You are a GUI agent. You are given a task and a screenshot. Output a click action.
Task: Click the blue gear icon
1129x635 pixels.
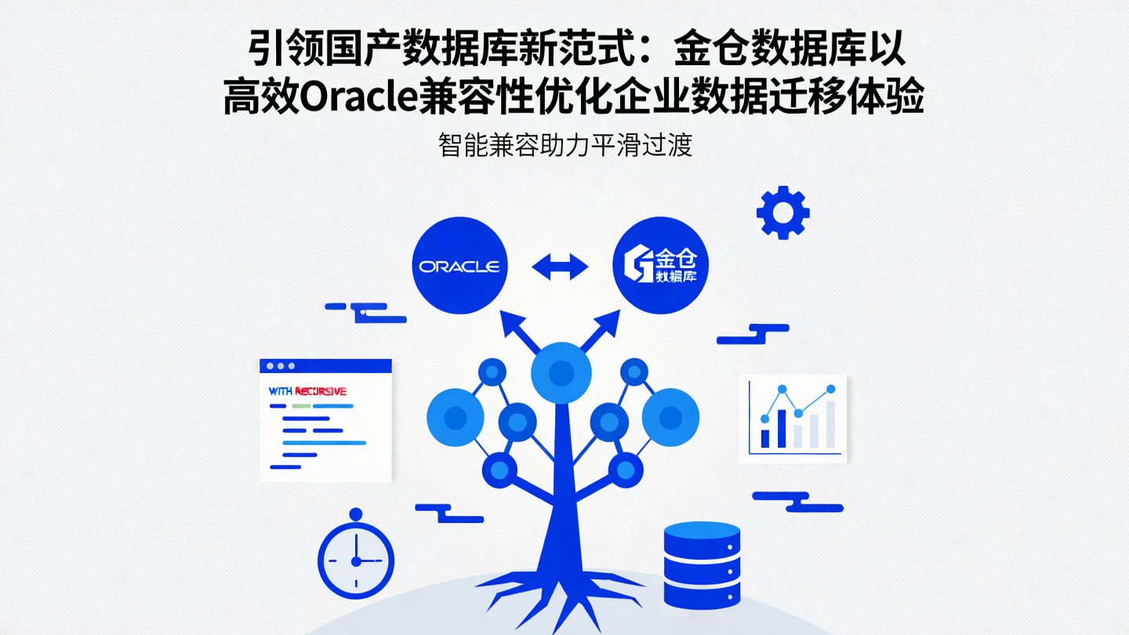(782, 212)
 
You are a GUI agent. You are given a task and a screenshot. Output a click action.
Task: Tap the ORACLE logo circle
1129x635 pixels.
(459, 266)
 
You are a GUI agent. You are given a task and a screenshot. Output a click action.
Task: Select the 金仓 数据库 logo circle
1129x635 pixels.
(659, 266)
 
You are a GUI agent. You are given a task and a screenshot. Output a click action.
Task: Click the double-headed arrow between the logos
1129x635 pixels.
(560, 267)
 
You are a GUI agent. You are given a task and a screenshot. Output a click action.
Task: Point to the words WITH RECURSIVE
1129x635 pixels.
(307, 390)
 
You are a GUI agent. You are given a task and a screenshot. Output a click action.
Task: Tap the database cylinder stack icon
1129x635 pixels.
(702, 564)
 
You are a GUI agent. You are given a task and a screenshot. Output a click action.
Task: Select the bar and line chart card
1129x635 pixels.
(793, 419)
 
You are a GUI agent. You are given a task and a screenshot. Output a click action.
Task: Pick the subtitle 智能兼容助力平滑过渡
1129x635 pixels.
(564, 146)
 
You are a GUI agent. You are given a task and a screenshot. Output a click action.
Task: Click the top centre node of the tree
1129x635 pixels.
(561, 372)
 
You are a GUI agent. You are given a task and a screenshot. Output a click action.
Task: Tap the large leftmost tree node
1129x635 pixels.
(456, 416)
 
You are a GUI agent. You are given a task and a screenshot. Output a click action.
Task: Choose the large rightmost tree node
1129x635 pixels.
(670, 416)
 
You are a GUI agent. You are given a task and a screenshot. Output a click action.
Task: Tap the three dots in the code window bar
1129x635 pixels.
(281, 366)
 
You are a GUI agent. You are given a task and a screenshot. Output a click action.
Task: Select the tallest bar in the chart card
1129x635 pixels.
(830, 423)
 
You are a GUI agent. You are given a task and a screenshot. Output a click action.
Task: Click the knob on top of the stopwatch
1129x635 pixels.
(356, 514)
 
